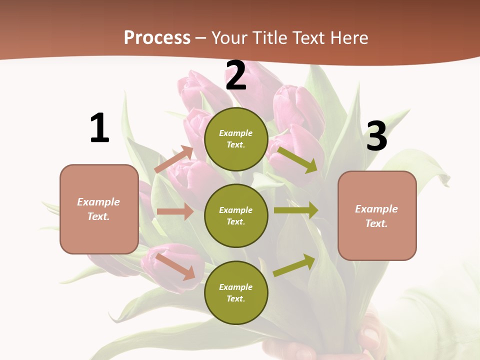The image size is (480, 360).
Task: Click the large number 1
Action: (99, 128)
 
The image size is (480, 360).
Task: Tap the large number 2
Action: (236, 75)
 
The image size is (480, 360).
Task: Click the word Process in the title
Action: (157, 37)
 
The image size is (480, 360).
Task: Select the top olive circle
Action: (236, 139)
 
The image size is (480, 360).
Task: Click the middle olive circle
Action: (236, 215)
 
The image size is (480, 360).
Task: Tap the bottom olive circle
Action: (236, 292)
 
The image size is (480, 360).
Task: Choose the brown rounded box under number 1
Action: (99, 209)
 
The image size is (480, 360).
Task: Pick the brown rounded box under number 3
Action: (377, 215)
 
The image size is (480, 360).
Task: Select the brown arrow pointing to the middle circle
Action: (175, 211)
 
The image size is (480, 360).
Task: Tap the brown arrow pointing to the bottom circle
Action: (175, 266)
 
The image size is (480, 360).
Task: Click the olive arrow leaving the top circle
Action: (297, 159)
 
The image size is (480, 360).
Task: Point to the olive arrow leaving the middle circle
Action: (296, 210)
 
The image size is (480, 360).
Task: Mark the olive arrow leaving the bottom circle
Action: (294, 265)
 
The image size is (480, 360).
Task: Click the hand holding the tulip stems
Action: (370, 335)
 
